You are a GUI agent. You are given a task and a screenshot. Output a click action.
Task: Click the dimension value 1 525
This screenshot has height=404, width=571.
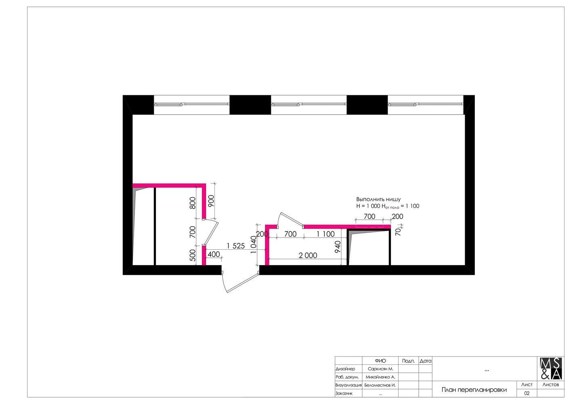[x=235, y=246]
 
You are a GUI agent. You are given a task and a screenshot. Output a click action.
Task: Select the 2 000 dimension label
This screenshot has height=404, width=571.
[x=308, y=255]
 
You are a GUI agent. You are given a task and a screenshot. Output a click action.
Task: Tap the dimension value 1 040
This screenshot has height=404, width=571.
[x=253, y=244]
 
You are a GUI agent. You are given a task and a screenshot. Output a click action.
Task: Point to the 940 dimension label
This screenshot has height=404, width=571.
[x=338, y=246]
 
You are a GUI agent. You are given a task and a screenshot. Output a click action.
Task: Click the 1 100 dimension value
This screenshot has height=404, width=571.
[x=325, y=234]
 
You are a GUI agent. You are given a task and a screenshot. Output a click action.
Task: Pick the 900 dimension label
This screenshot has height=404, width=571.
[x=211, y=201]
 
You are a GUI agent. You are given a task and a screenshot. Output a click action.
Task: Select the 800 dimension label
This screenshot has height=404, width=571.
[x=193, y=203]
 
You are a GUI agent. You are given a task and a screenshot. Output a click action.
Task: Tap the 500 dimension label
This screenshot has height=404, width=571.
[x=193, y=255]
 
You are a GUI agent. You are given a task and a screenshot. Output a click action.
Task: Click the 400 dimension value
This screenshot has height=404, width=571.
[x=214, y=254]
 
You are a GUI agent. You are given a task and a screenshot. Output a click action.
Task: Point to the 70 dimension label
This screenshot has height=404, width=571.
[x=398, y=231]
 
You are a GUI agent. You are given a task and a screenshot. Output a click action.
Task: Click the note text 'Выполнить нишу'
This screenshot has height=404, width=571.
[x=378, y=199]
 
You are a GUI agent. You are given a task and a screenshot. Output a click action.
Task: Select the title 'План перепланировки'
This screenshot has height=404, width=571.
[x=474, y=390]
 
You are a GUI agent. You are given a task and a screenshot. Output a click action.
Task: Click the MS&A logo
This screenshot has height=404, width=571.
[x=551, y=368]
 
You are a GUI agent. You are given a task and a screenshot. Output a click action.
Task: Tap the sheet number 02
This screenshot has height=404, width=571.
[x=527, y=393]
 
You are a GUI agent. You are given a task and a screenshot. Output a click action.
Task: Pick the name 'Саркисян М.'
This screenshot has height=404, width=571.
[x=380, y=369]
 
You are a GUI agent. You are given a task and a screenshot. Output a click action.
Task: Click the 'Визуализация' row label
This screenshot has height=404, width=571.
[x=348, y=385]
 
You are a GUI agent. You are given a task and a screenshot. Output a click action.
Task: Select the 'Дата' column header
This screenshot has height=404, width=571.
[x=426, y=361]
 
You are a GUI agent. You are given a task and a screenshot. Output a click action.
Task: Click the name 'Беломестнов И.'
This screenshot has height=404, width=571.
[x=380, y=385]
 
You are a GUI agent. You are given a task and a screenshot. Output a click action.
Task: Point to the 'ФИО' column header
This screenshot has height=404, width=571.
[x=380, y=361]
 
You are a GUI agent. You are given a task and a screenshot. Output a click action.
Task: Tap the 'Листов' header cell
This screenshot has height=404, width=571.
[x=551, y=385]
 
